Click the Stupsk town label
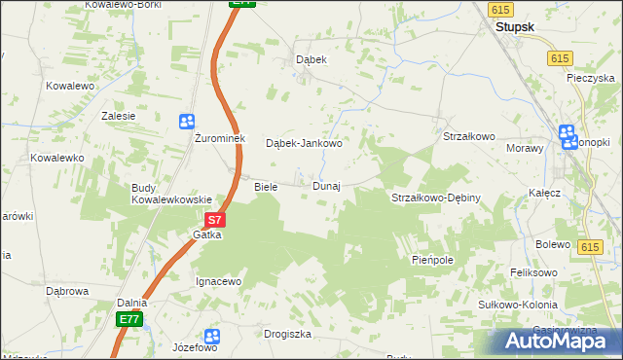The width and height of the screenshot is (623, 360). click(x=514, y=28)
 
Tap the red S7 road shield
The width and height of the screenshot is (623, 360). click(x=216, y=221)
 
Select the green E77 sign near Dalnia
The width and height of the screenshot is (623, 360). click(x=129, y=319)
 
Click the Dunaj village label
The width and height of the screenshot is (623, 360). click(x=326, y=186)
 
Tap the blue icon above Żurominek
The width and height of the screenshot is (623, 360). click(x=187, y=121)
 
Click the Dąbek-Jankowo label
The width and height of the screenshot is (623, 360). click(x=304, y=143)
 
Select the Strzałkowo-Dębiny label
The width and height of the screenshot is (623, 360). click(x=436, y=198)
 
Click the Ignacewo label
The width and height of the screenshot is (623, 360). click(x=218, y=281)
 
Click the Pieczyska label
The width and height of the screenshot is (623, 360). click(x=593, y=78)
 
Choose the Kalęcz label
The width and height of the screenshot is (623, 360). click(x=544, y=193)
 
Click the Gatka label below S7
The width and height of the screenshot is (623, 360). click(x=207, y=235)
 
